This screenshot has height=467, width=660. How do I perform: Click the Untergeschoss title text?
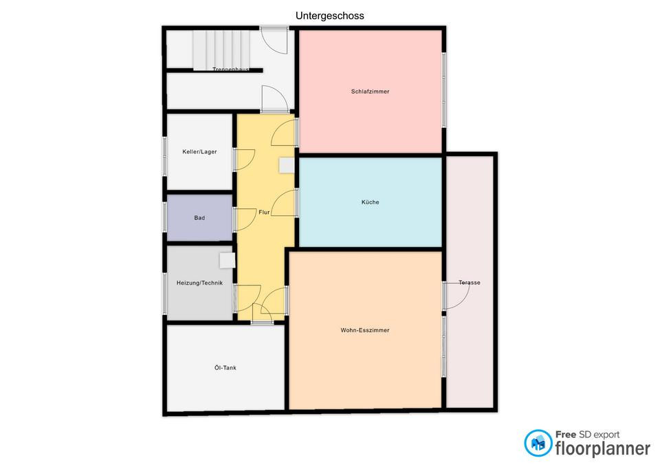pyautogui.click(x=329, y=16)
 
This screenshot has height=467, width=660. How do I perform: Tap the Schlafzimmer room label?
pyautogui.click(x=370, y=91)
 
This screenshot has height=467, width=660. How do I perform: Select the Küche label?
pyautogui.click(x=371, y=202)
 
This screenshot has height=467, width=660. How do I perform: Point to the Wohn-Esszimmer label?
pyautogui.click(x=365, y=330)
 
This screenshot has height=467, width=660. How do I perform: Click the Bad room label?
pyautogui.click(x=199, y=218)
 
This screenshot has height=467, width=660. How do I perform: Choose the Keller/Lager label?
pyautogui.click(x=199, y=151)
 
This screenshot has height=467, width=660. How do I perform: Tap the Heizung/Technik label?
pyautogui.click(x=199, y=283)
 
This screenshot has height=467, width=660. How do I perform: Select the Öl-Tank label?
pyautogui.click(x=225, y=368)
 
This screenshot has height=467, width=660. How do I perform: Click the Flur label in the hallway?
pyautogui.click(x=264, y=213)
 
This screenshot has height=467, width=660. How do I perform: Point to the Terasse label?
pyautogui.click(x=470, y=283)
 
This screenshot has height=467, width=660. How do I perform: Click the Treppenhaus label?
pyautogui.click(x=231, y=69)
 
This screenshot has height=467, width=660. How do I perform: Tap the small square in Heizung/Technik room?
pyautogui.click(x=228, y=260)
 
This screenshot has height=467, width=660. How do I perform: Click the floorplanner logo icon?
pyautogui.click(x=538, y=443)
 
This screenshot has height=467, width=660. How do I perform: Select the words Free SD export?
pyautogui.click(x=587, y=435)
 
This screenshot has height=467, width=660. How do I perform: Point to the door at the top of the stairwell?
pyautogui.click(x=274, y=41)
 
